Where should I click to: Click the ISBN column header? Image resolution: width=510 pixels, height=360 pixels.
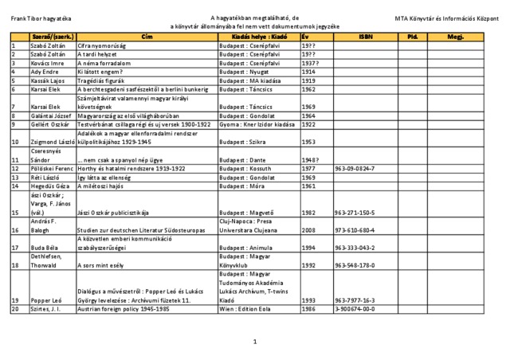click(x=364, y=37)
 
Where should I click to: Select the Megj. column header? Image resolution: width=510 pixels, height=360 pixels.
click(x=455, y=37)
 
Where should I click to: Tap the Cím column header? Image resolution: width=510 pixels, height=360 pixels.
click(x=147, y=37)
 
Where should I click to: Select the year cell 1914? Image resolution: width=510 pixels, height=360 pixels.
click(x=308, y=72)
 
